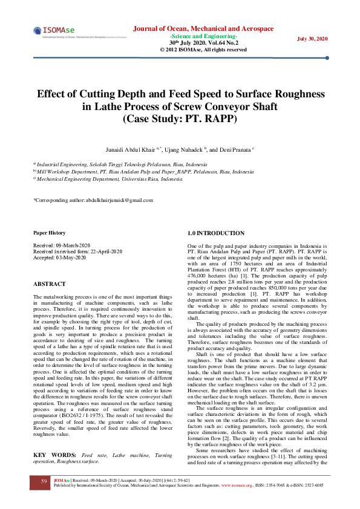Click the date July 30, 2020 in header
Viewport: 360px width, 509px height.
[x=312, y=39]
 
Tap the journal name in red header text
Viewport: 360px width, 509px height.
[x=203, y=28]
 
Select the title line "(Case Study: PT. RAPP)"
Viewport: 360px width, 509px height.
[x=180, y=118]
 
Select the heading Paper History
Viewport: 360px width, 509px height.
[x=49, y=233]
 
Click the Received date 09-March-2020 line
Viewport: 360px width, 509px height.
[x=61, y=245]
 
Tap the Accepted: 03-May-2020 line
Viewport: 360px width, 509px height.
[x=59, y=258]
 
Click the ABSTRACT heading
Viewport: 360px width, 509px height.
[x=50, y=284]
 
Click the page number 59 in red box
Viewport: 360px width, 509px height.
[x=44, y=481]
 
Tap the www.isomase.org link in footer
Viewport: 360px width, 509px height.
[x=237, y=485]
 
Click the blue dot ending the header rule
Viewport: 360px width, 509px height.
[x=327, y=58]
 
